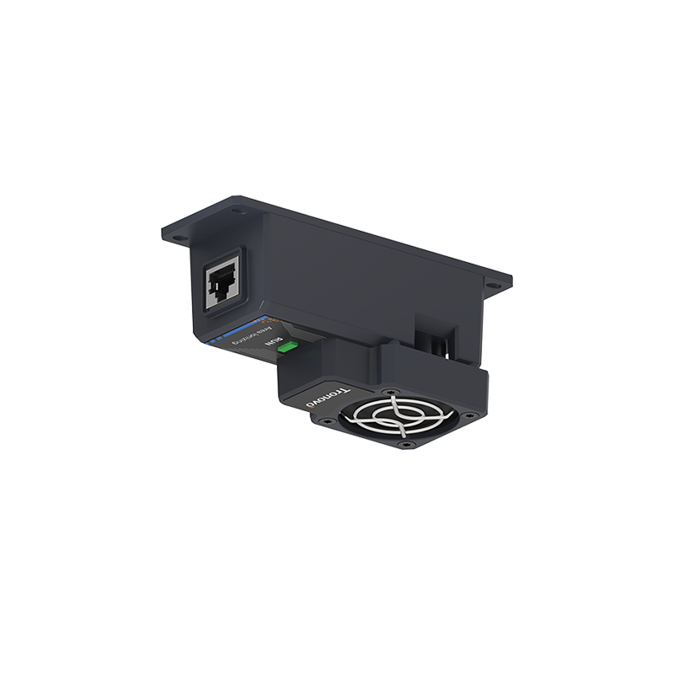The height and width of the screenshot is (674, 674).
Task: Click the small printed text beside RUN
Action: point(253,338)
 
